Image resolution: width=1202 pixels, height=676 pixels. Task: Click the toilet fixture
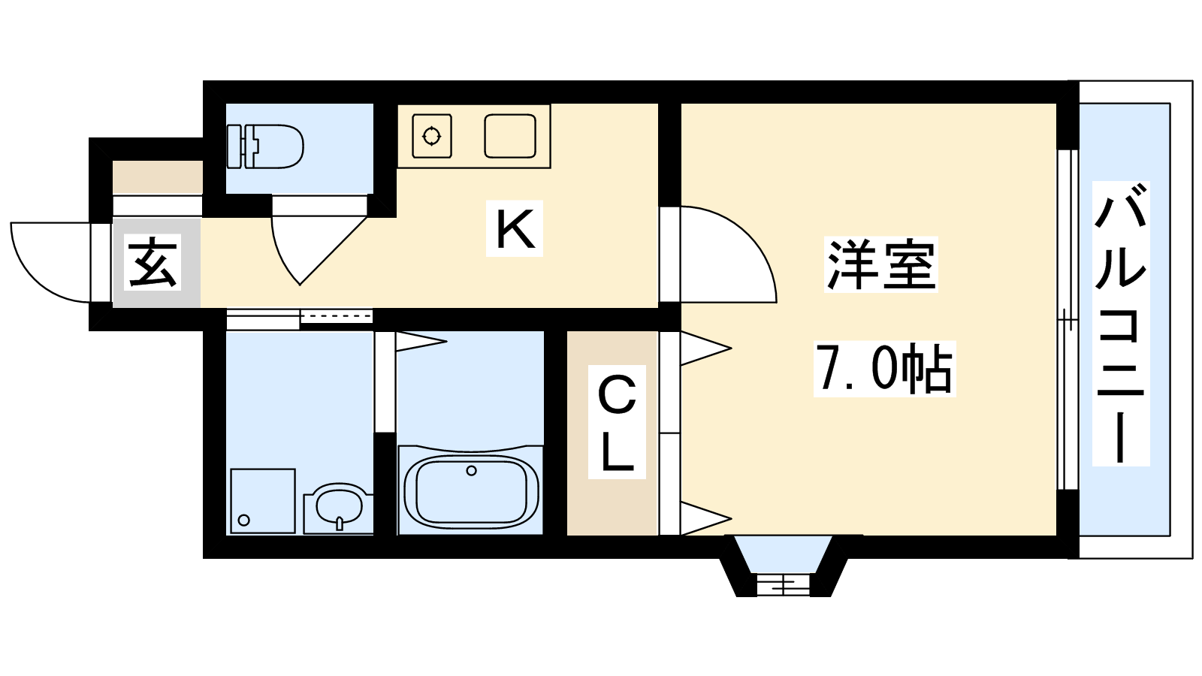point(266,146)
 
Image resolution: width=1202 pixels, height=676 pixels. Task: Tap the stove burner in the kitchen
point(431,136)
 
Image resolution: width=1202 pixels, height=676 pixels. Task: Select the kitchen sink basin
point(510,136)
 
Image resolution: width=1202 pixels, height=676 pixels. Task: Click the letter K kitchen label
point(514,228)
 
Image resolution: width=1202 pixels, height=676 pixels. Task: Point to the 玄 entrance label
point(153,262)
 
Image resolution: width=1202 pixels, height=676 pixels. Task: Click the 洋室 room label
point(881,264)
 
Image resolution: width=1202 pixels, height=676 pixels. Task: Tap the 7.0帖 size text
point(884,369)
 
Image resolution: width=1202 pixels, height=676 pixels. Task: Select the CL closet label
point(617,421)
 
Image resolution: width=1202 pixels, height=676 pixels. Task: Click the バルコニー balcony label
point(1121,324)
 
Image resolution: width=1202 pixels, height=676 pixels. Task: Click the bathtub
point(470,490)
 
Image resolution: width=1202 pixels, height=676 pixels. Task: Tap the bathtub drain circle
point(472,470)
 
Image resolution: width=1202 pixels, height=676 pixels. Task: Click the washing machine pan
point(262,501)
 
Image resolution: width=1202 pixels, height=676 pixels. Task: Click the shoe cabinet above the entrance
point(157,177)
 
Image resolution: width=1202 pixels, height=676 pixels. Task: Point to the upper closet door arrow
point(705,349)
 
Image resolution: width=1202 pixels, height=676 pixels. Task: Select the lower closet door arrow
point(705,518)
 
